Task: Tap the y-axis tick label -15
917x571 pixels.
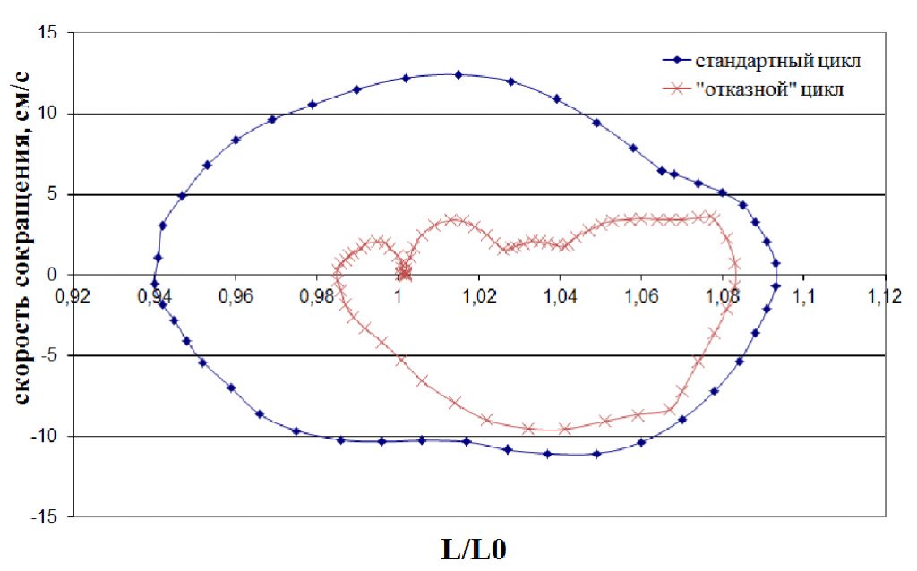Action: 45,517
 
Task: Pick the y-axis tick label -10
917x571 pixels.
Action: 45,437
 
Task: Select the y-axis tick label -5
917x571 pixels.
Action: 48,356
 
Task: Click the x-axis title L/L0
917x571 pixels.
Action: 474,548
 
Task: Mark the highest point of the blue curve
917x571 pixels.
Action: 458,75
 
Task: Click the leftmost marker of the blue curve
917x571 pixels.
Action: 154,283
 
